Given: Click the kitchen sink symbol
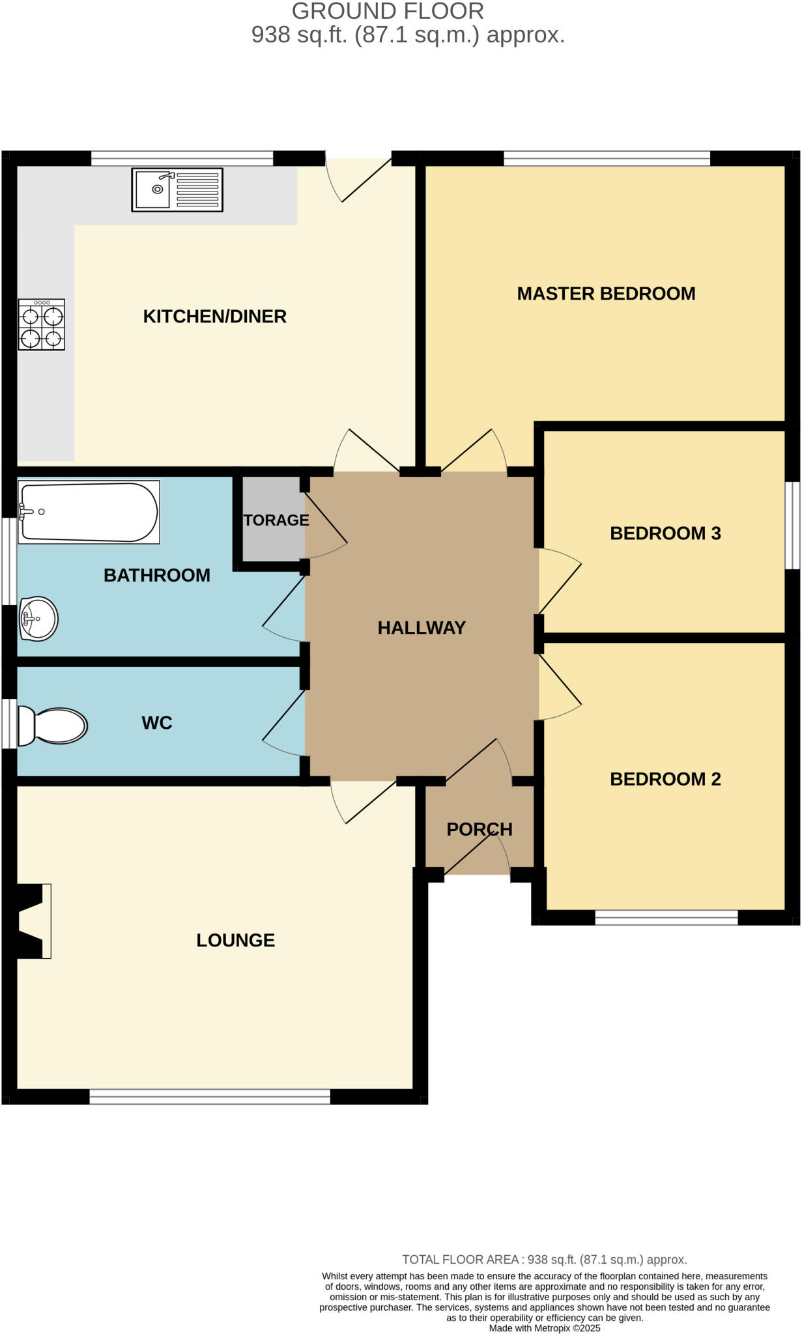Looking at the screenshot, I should click(177, 190).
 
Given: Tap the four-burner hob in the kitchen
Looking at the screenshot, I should click(42, 324).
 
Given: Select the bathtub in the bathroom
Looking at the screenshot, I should click(89, 512).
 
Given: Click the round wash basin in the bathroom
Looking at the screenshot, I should click(39, 618).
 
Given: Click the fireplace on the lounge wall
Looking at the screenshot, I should click(33, 920).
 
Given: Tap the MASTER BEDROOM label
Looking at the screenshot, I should click(606, 294).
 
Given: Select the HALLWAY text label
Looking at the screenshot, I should click(422, 628).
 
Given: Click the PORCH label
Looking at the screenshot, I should click(480, 829).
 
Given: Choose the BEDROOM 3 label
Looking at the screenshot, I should click(665, 533).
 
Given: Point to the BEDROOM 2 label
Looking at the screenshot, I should click(665, 779).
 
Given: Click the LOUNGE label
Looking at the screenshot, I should click(235, 940).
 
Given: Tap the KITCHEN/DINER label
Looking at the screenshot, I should click(214, 317).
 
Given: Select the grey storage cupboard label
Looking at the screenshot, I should click(276, 520).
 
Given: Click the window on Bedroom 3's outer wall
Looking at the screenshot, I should click(792, 525).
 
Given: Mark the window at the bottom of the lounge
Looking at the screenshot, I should click(210, 1097).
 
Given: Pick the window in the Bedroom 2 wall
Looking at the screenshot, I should click(666, 917).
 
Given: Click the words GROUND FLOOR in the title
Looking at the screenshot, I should click(388, 11).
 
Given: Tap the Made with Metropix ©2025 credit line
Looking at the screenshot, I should click(544, 1327).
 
